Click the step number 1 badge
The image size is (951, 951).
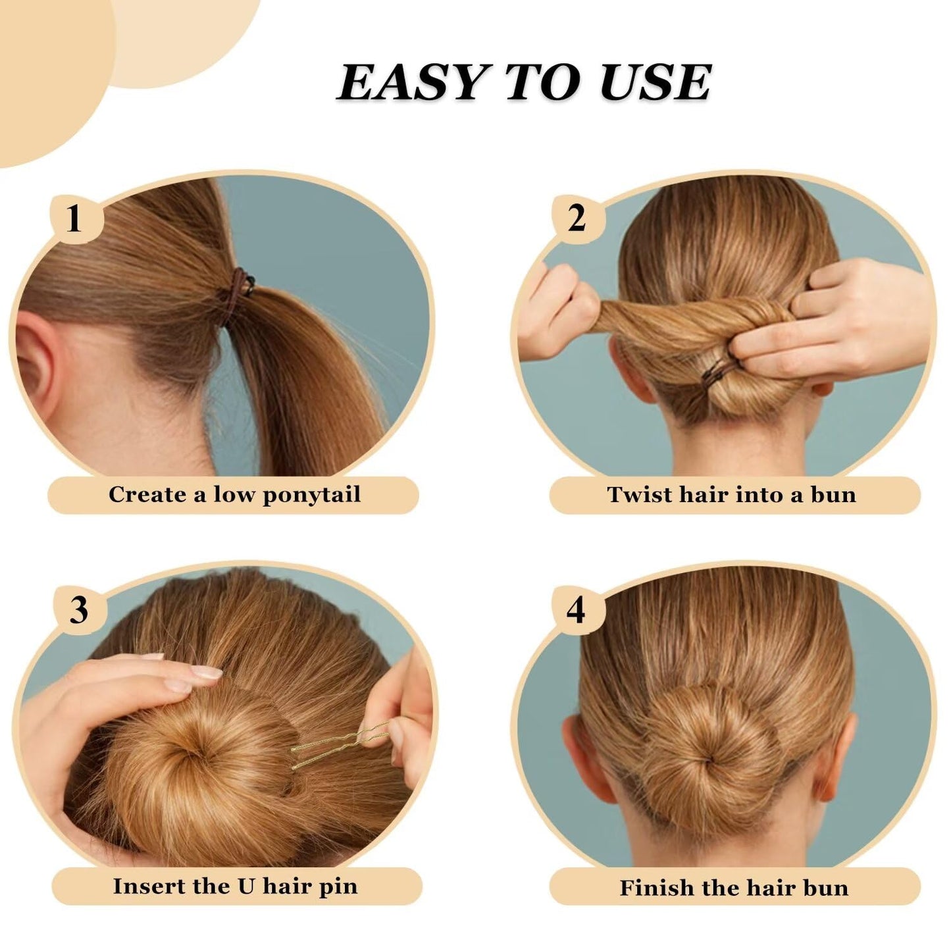click(74, 218)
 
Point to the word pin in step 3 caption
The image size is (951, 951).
click(339, 887)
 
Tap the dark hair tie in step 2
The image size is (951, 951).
click(721, 369)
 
